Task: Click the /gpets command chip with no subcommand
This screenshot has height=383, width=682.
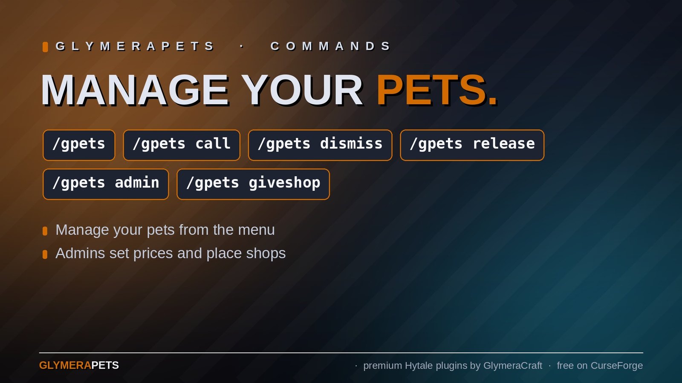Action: [79, 145]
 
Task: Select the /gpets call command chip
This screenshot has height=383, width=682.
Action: [182, 145]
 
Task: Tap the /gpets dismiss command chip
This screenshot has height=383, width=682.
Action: [320, 145]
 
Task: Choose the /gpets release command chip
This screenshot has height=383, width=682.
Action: [472, 145]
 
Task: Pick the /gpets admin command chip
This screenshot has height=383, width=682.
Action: [106, 184]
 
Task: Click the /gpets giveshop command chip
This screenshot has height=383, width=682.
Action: [253, 184]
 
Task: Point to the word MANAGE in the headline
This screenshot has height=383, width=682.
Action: [135, 90]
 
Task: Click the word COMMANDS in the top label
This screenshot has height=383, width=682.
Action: [330, 46]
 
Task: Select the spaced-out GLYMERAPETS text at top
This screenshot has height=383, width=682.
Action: [135, 46]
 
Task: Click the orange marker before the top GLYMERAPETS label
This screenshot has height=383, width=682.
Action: [45, 47]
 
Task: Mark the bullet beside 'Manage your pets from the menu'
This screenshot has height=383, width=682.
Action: [45, 231]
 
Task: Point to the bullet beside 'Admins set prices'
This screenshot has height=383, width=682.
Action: [45, 254]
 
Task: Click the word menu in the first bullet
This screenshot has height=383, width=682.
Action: [256, 230]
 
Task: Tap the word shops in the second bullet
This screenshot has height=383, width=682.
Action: [266, 253]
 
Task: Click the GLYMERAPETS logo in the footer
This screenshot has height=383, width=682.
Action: [79, 366]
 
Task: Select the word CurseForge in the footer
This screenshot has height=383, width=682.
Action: [617, 366]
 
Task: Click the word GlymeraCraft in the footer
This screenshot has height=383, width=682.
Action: [513, 366]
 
